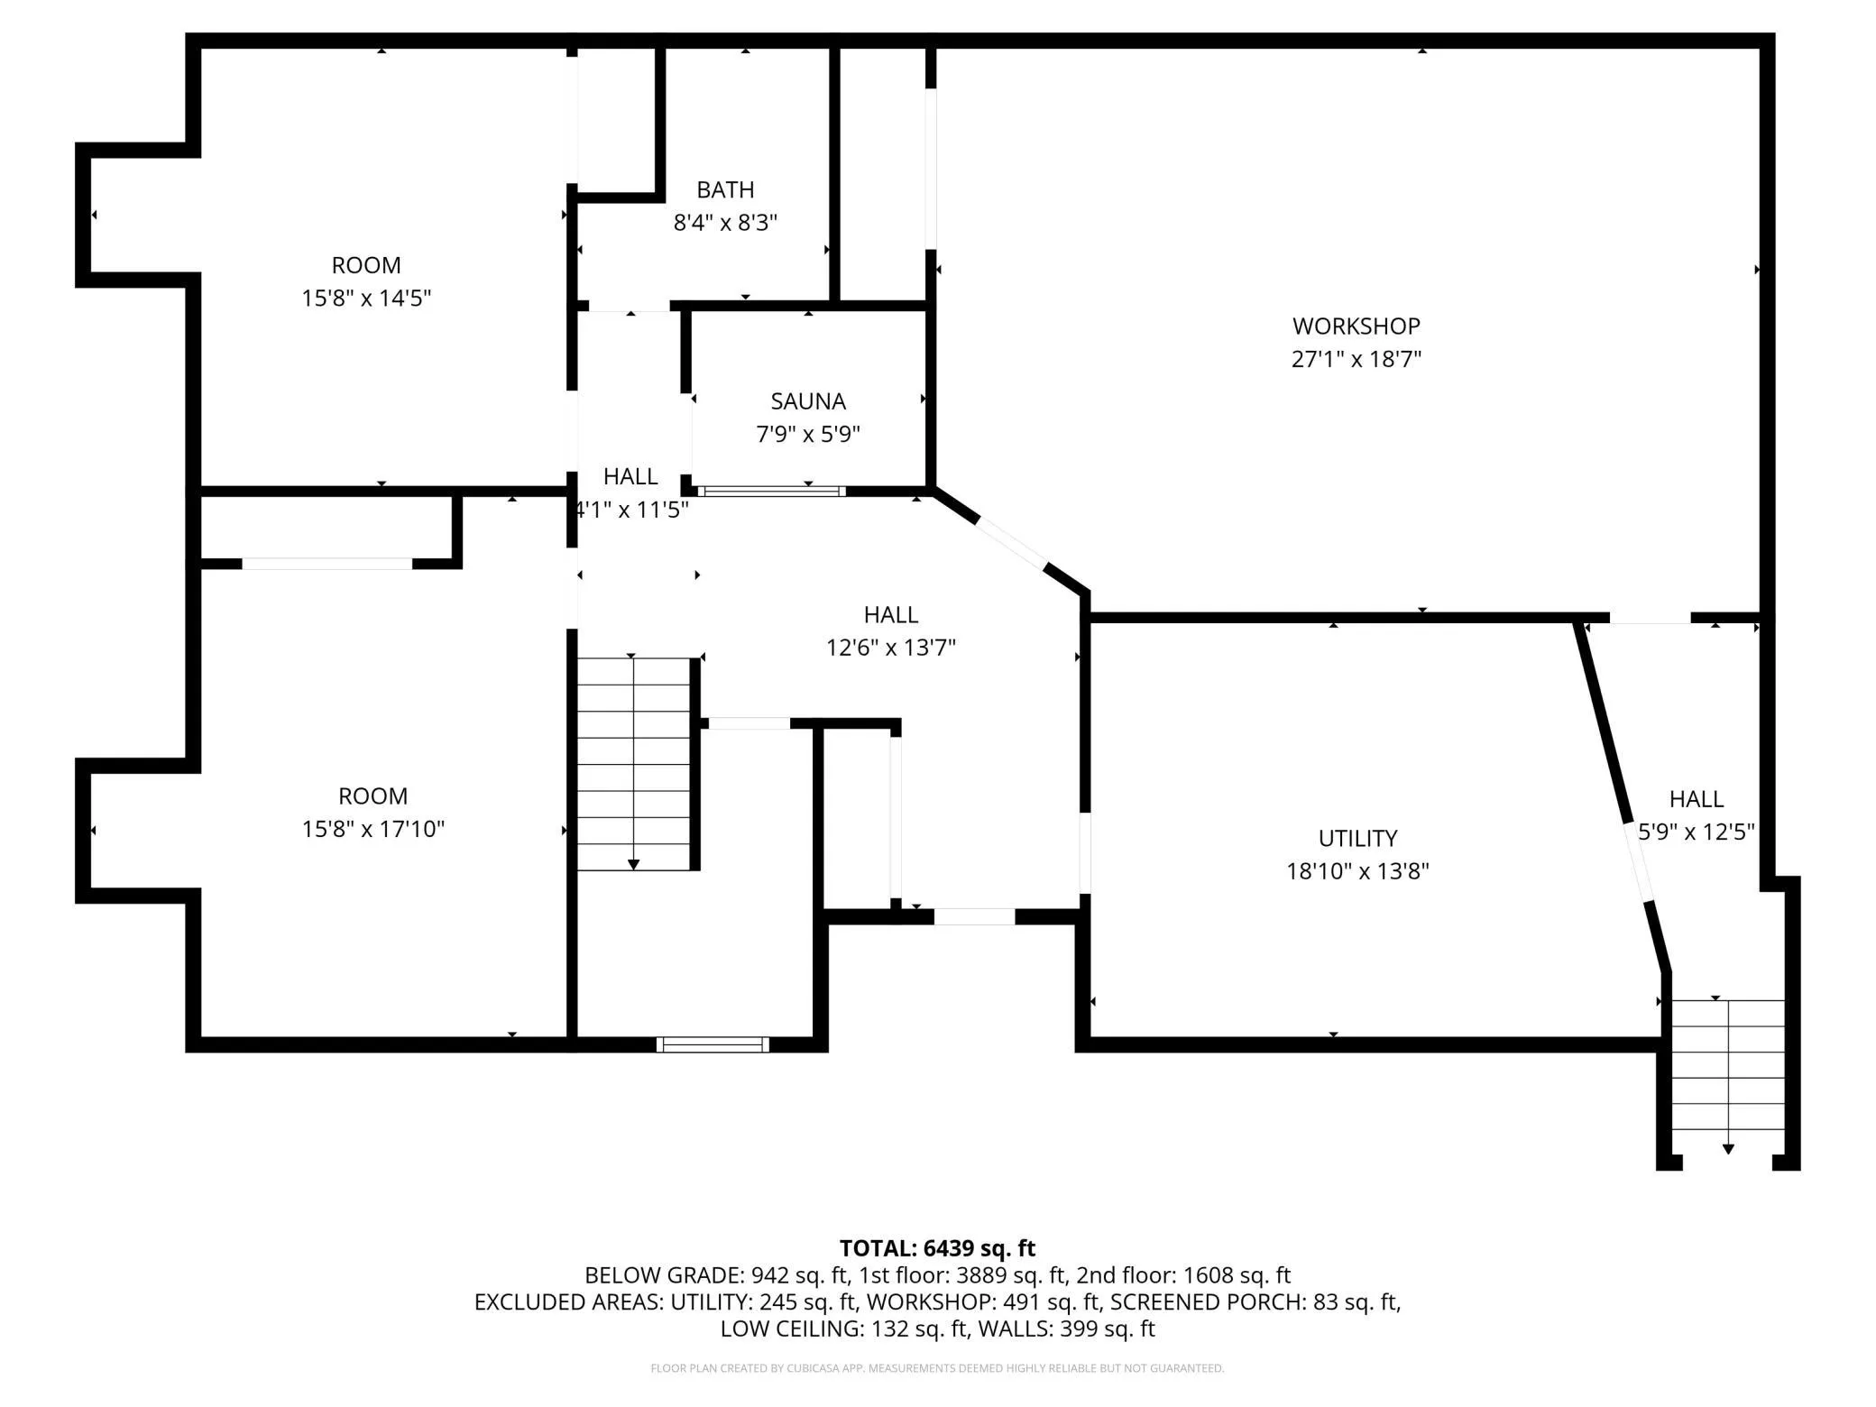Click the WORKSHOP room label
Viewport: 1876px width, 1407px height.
click(1356, 326)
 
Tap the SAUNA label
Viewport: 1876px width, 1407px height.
click(808, 401)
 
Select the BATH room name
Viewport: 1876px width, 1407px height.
click(725, 189)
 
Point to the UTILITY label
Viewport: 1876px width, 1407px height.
click(1357, 838)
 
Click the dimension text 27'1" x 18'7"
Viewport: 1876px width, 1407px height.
click(1356, 359)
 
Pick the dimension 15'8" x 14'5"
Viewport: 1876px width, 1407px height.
click(366, 298)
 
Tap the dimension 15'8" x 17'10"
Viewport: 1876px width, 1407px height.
click(372, 828)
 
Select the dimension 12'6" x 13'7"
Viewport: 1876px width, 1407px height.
click(891, 648)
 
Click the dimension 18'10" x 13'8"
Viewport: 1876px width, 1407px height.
click(1357, 871)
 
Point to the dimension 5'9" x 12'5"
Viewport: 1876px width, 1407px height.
click(1697, 832)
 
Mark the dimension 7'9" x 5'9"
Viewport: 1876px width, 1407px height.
click(808, 435)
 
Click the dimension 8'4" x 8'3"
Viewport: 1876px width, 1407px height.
click(725, 223)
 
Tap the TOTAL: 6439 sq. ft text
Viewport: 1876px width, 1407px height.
click(937, 1248)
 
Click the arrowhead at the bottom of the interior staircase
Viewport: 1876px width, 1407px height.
click(633, 865)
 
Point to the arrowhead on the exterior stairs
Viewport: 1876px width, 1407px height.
click(1728, 1149)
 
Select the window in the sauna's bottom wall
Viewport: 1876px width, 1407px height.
click(771, 492)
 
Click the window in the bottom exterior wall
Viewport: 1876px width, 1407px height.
click(713, 1044)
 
